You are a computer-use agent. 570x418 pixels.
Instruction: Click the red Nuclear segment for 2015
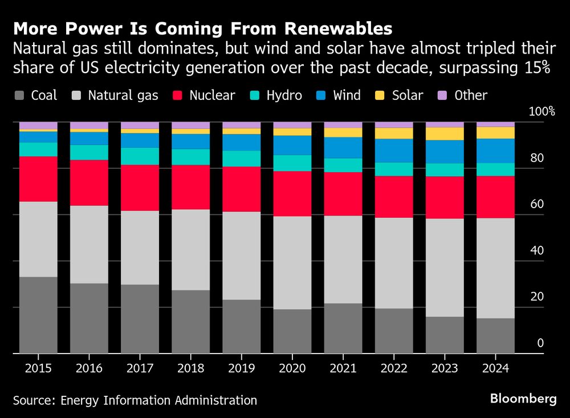click(x=38, y=178)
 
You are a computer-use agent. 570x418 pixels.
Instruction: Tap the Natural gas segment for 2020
click(x=292, y=262)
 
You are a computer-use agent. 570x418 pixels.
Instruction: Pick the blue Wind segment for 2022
click(x=394, y=151)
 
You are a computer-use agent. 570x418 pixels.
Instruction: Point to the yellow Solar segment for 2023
click(x=445, y=133)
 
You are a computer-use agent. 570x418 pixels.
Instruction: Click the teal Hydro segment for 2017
click(x=140, y=156)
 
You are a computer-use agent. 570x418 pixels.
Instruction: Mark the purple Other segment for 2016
click(x=89, y=125)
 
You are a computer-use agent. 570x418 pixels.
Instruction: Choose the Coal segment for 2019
click(x=242, y=326)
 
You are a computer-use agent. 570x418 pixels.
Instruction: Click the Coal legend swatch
click(x=20, y=96)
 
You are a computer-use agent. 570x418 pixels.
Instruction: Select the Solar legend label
click(x=408, y=95)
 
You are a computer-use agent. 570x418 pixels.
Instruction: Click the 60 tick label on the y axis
click(x=536, y=204)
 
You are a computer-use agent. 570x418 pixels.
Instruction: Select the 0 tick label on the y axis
click(x=541, y=343)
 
